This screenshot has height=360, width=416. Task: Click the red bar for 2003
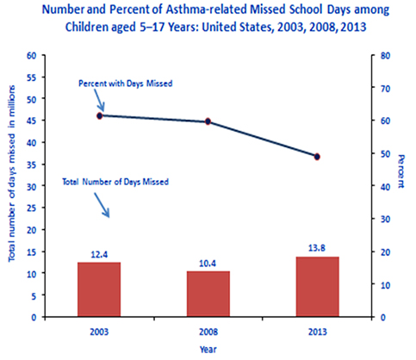pyautogui.click(x=99, y=289)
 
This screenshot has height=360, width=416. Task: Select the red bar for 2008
pyautogui.click(x=208, y=294)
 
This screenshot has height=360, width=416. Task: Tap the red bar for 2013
pyautogui.click(x=318, y=287)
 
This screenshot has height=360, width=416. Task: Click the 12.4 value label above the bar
pyautogui.click(x=99, y=254)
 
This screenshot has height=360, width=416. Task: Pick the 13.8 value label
pyautogui.click(x=318, y=248)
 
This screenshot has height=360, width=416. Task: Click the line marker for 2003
pyautogui.click(x=100, y=115)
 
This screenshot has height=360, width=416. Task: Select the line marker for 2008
pyautogui.click(x=208, y=121)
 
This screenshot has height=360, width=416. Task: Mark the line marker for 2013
pyautogui.click(x=318, y=157)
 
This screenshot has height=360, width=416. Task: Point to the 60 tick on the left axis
pyautogui.click(x=31, y=55)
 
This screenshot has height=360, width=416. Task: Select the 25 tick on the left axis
pyautogui.click(x=31, y=208)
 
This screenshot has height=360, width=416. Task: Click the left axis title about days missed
pyautogui.click(x=11, y=186)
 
